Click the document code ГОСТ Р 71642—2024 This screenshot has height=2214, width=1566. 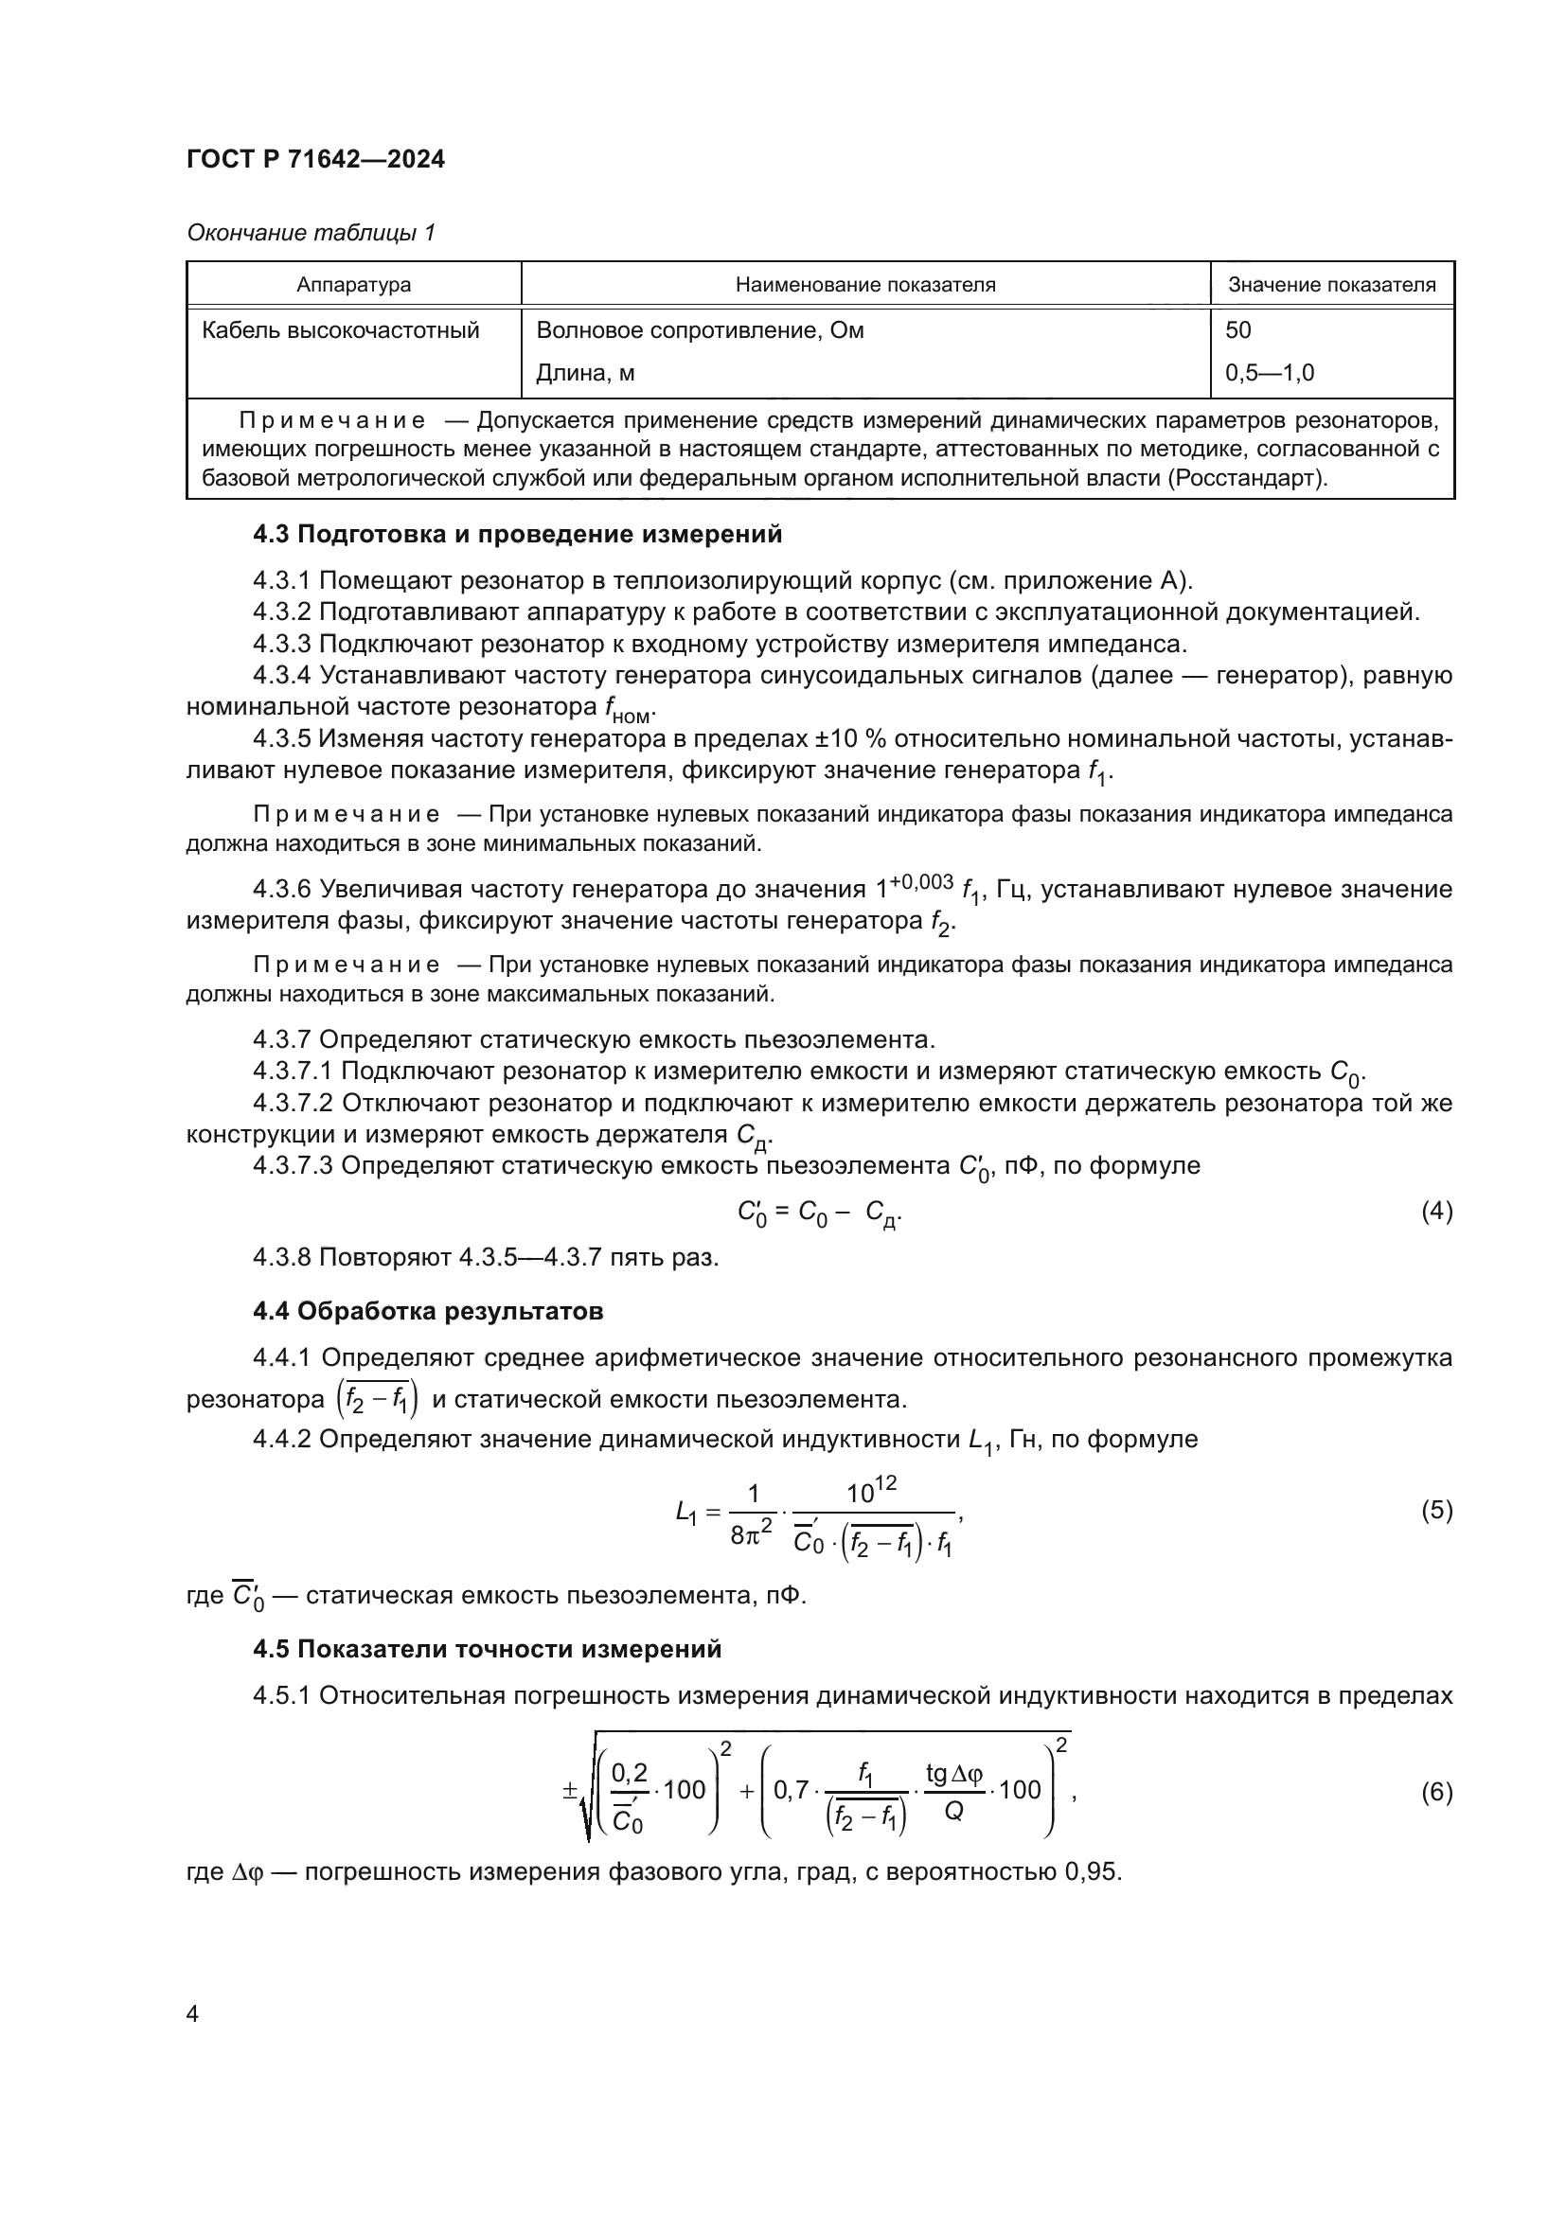click(x=315, y=160)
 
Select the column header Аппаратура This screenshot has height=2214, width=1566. click(x=353, y=285)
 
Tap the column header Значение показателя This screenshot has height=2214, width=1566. click(x=1332, y=285)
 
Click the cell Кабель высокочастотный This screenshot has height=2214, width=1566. click(x=341, y=330)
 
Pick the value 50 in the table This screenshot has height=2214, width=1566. click(x=1238, y=330)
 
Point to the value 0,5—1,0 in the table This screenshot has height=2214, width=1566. click(x=1269, y=373)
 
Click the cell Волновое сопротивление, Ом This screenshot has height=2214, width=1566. click(x=700, y=330)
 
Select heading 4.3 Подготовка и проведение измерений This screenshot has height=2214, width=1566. click(x=517, y=534)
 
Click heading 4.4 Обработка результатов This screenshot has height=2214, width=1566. click(x=427, y=1311)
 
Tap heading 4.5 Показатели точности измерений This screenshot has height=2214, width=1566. click(x=487, y=1649)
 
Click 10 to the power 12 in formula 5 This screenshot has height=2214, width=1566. click(x=871, y=1491)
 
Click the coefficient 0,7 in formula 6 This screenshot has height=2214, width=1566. click(x=791, y=1791)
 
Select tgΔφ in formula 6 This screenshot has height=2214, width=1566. click(x=952, y=1772)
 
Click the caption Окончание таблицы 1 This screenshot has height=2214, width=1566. click(x=311, y=233)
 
